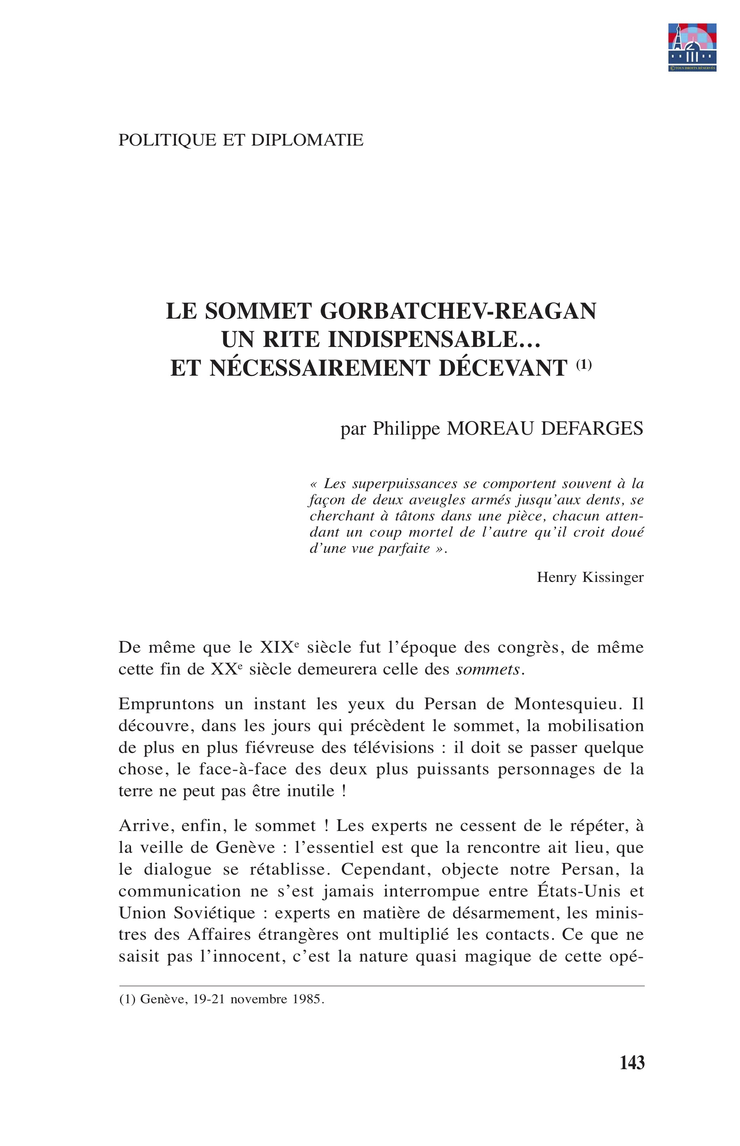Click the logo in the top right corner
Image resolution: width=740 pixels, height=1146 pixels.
click(692, 47)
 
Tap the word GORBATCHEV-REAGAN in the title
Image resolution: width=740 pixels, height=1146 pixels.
click(458, 311)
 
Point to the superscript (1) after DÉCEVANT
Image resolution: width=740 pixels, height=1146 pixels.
click(584, 365)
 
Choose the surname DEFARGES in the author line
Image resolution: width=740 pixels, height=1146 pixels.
click(592, 428)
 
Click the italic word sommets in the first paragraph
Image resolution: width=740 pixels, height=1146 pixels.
click(488, 669)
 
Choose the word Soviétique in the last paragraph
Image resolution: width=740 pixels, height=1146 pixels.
click(214, 913)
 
